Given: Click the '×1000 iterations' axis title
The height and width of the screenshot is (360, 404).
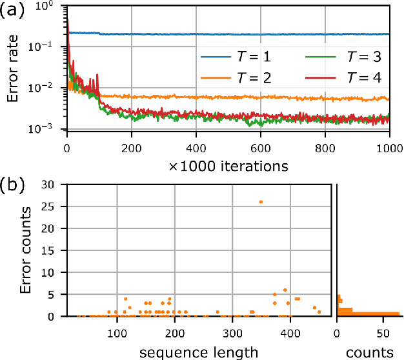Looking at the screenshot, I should pyautogui.click(x=228, y=165).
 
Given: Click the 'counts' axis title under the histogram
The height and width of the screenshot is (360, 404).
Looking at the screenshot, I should pyautogui.click(x=369, y=352).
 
